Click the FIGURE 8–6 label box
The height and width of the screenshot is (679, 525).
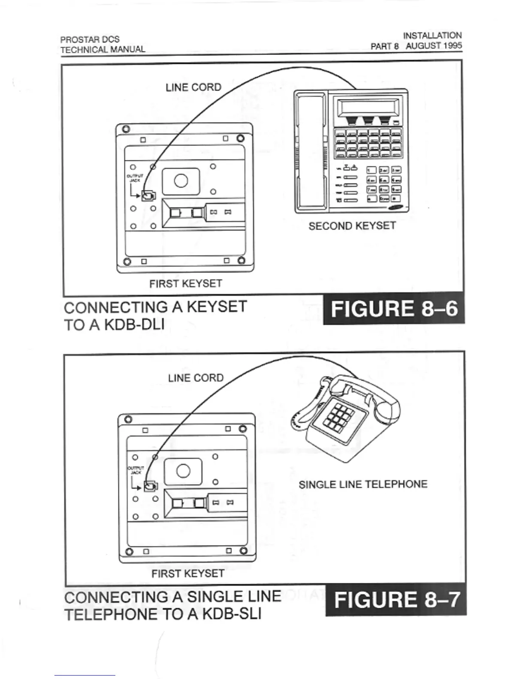point(394,309)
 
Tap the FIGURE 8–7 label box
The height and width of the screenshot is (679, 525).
point(396,600)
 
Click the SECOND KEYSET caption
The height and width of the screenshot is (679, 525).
point(352,226)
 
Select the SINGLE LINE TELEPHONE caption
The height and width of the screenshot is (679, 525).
point(363,484)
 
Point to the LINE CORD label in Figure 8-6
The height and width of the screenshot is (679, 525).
point(193,87)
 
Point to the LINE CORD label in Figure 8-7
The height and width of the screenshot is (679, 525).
point(196,378)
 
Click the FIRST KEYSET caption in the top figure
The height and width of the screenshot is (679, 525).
point(186,284)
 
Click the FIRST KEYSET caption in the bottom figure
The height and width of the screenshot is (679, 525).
point(188,574)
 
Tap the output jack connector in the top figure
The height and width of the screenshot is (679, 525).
point(148,195)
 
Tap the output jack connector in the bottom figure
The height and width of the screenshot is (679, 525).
point(151,486)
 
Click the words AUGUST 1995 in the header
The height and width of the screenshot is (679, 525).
point(434,46)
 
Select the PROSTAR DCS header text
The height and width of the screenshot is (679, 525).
point(90,39)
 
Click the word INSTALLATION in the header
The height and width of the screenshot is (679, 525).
point(432,36)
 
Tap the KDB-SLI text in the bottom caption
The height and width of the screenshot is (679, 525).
point(231,614)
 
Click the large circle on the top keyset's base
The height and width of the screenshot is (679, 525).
point(181,180)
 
